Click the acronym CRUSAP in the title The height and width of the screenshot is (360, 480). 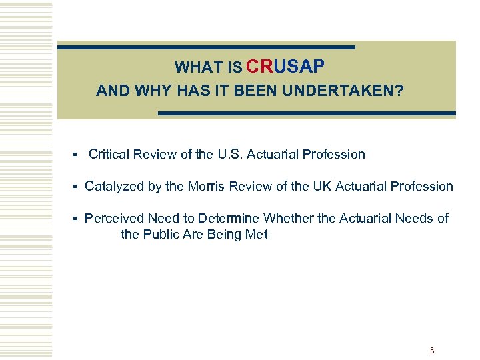[x=285, y=67]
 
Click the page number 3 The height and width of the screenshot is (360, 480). [x=432, y=350]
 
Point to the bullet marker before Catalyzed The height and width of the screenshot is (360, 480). [x=76, y=187]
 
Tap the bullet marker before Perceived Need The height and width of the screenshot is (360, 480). [x=76, y=219]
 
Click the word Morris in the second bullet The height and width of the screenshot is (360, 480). [x=207, y=187]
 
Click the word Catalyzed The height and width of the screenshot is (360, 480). [x=114, y=187]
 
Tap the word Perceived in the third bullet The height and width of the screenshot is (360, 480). [x=115, y=219]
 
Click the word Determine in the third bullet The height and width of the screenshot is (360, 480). [x=231, y=219]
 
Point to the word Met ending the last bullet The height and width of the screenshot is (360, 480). [x=257, y=235]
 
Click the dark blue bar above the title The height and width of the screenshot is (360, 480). [x=207, y=47]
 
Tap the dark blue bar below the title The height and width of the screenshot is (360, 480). [x=307, y=113]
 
